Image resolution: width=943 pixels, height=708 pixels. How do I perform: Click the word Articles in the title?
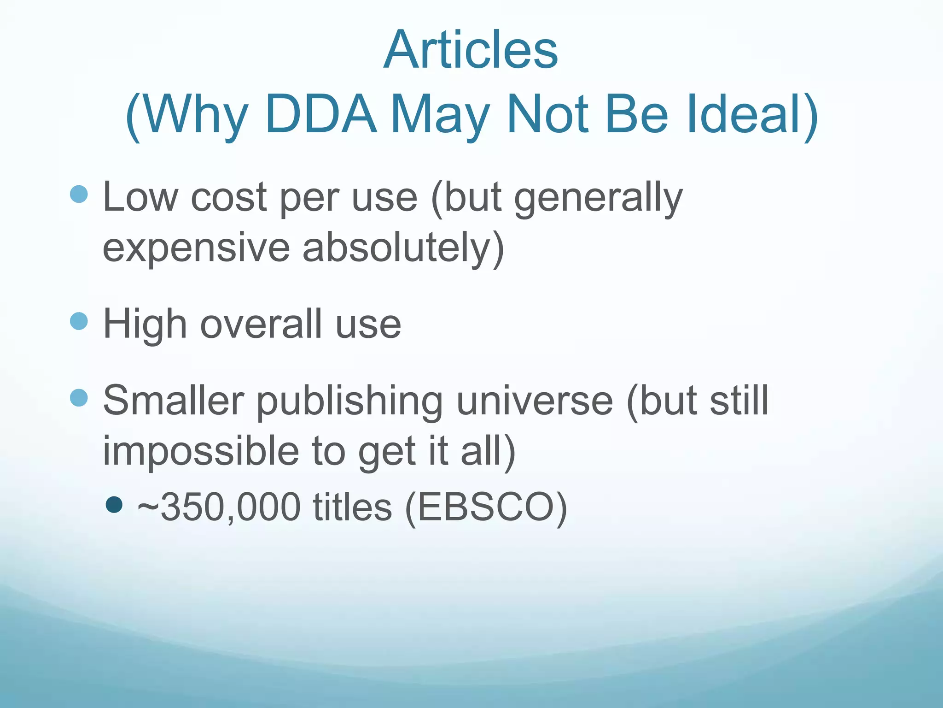pyautogui.click(x=471, y=49)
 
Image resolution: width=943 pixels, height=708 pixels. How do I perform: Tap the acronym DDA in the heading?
pyautogui.click(x=321, y=114)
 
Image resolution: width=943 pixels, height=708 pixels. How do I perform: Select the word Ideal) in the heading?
pyautogui.click(x=752, y=114)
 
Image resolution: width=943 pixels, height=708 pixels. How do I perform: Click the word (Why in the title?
pyautogui.click(x=186, y=114)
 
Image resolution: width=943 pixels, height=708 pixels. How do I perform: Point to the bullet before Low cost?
pyautogui.click(x=79, y=194)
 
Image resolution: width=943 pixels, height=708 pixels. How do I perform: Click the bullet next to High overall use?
pyautogui.click(x=79, y=321)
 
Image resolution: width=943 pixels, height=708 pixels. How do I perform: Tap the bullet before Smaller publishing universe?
pyautogui.click(x=79, y=398)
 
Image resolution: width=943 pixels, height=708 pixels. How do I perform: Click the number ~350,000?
pyautogui.click(x=219, y=507)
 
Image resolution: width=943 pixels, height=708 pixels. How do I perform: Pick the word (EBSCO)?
pyautogui.click(x=486, y=507)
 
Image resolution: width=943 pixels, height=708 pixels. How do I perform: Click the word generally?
pyautogui.click(x=598, y=198)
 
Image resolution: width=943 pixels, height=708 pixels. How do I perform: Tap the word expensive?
pyautogui.click(x=196, y=248)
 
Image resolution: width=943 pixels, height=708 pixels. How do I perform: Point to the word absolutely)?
pyautogui.click(x=403, y=248)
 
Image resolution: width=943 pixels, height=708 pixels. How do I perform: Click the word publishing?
pyautogui.click(x=349, y=401)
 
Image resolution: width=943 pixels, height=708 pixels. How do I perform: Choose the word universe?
pyautogui.click(x=535, y=401)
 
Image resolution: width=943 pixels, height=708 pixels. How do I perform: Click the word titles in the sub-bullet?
pyautogui.click(x=352, y=507)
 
